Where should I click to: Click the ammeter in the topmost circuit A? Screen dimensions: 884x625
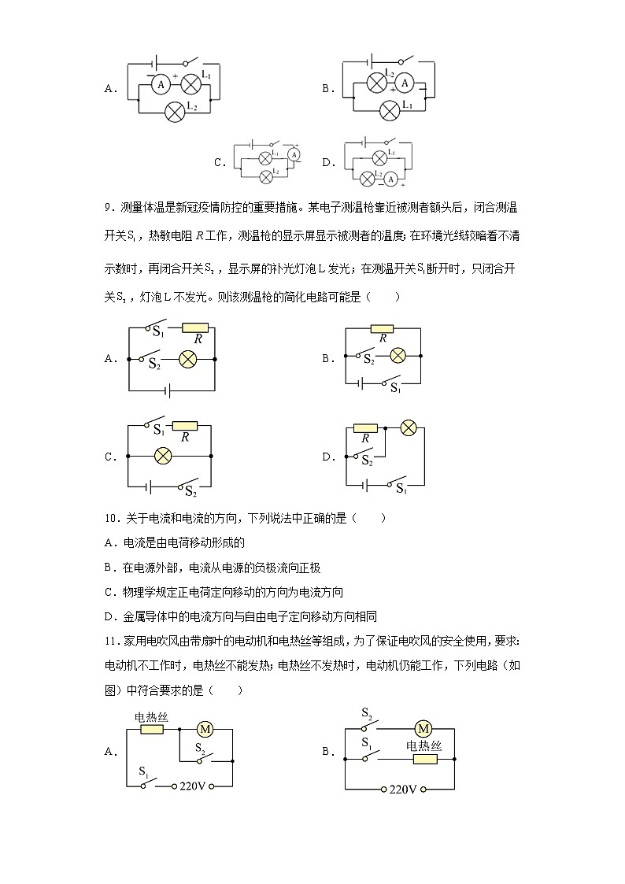point(161,83)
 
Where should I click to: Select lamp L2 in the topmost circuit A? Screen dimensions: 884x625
point(174,111)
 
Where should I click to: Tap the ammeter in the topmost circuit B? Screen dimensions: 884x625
point(404,83)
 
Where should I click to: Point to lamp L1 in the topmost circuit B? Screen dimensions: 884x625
point(388,110)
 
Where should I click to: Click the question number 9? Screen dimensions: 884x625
point(109,208)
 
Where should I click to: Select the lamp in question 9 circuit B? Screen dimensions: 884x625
point(398,356)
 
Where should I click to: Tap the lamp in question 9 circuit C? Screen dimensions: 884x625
point(163,456)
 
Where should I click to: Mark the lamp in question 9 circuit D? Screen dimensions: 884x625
point(408,427)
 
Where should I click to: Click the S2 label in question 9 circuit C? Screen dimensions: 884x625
point(190,491)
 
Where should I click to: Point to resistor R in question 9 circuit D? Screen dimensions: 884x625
point(365,428)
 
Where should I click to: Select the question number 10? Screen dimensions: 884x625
point(110,518)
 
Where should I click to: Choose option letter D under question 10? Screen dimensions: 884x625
point(109,616)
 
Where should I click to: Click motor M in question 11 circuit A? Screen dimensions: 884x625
point(205,729)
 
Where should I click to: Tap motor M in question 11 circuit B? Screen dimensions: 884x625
point(423,728)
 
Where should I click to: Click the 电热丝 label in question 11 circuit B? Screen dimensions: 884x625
point(424,746)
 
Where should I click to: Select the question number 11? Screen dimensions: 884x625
point(110,641)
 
